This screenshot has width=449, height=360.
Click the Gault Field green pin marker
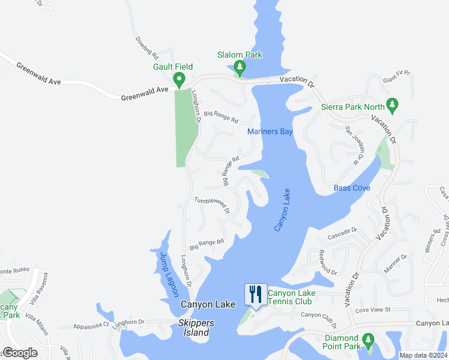(x=178, y=79)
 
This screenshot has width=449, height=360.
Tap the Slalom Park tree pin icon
(x=240, y=67)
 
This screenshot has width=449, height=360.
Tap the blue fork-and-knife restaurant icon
(x=256, y=295)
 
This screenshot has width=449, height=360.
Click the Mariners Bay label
(x=270, y=131)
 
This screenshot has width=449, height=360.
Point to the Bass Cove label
(x=352, y=188)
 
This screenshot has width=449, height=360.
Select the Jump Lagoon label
(x=169, y=274)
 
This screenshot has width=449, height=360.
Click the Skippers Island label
(x=194, y=332)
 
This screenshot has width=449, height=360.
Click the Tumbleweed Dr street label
(x=212, y=206)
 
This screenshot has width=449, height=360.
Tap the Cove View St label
(x=373, y=310)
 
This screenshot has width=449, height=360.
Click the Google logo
(x=20, y=353)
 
